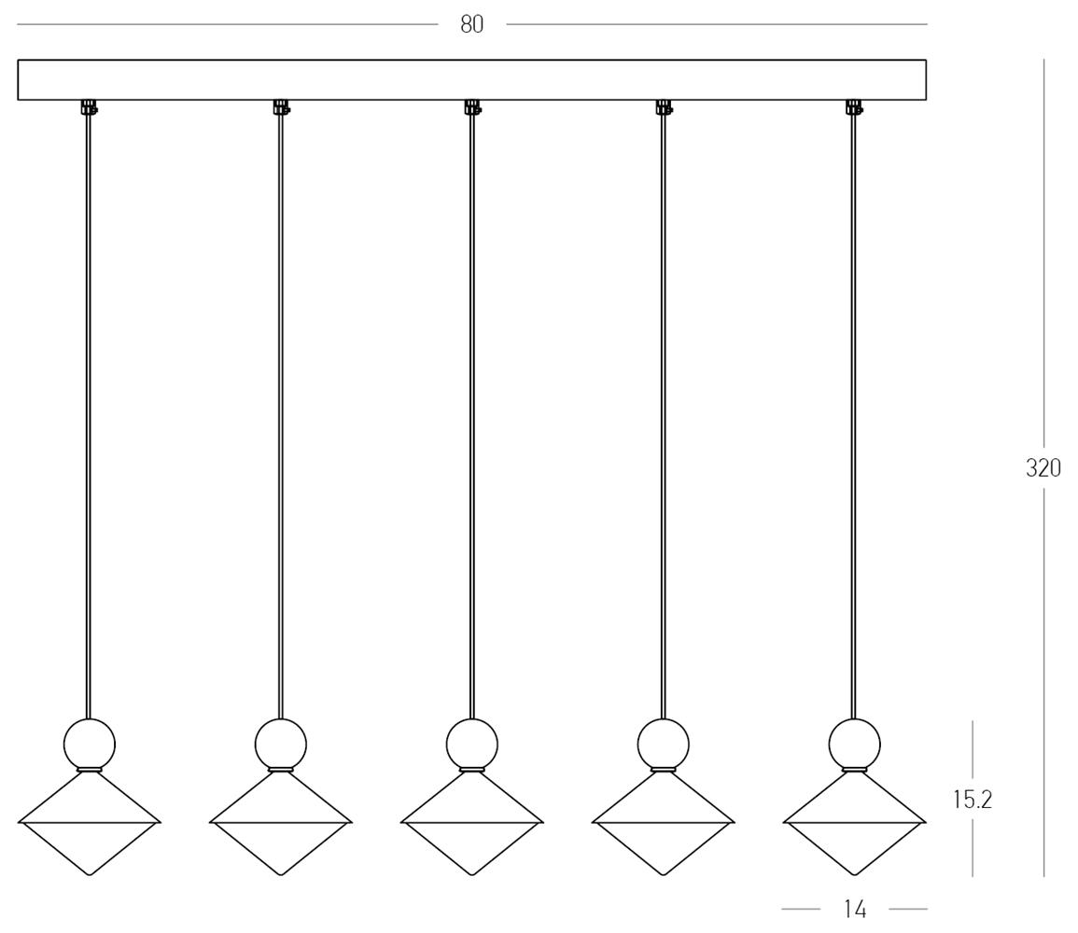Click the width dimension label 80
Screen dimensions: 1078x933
click(x=471, y=25)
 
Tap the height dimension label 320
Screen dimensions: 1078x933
click(x=1043, y=468)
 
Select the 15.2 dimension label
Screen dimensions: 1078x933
click(x=973, y=799)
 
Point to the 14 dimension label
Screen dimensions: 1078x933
click(x=855, y=910)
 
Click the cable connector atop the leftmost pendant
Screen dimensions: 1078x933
click(x=89, y=107)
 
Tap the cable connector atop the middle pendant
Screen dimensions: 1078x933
click(x=471, y=107)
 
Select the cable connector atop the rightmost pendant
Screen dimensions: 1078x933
click(x=854, y=107)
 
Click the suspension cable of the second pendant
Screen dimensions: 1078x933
click(x=280, y=416)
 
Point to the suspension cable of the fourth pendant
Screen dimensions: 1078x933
click(x=663, y=416)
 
